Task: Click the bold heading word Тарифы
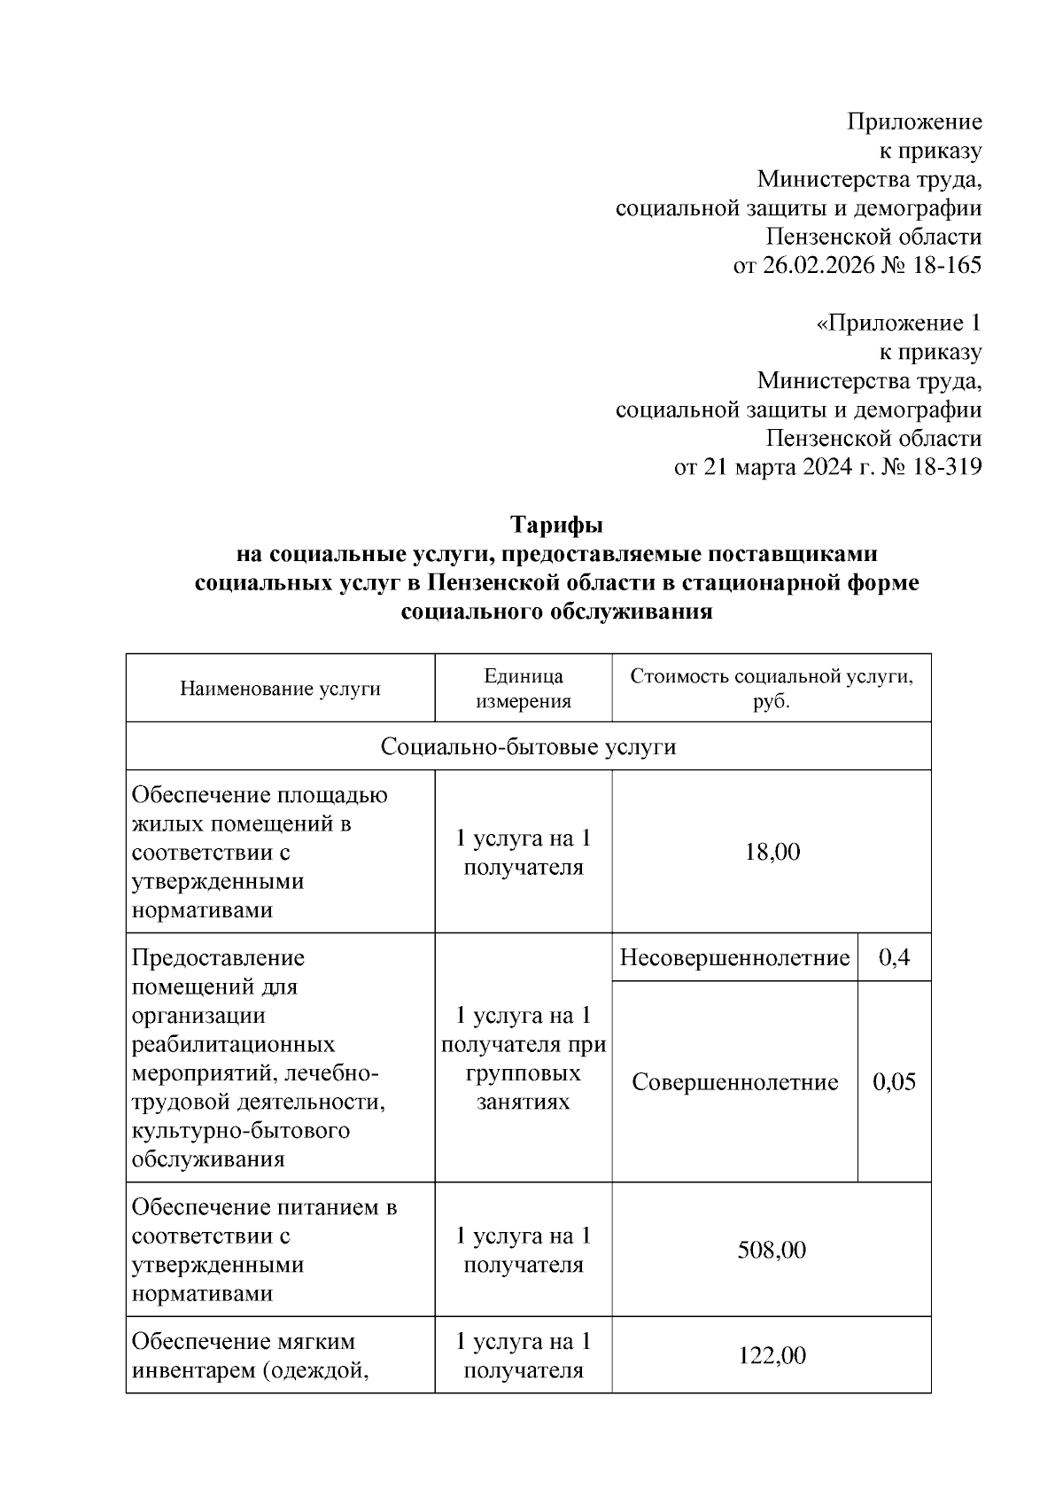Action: point(556,526)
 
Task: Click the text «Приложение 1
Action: point(898,324)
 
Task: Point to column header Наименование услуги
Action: point(280,689)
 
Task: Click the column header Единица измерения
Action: point(523,689)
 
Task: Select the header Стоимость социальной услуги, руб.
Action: point(771,689)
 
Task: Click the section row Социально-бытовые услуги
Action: point(528,746)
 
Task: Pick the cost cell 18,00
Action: point(771,852)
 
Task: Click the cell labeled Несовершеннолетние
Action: point(734,958)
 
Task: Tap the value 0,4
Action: point(894,958)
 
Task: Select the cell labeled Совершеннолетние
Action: point(734,1082)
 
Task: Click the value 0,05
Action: point(894,1082)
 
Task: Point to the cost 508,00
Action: point(771,1250)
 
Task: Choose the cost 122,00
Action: point(771,1355)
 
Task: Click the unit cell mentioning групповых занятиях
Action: point(523,1058)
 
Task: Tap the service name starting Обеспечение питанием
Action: point(264,1250)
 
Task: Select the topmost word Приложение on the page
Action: point(914,121)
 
